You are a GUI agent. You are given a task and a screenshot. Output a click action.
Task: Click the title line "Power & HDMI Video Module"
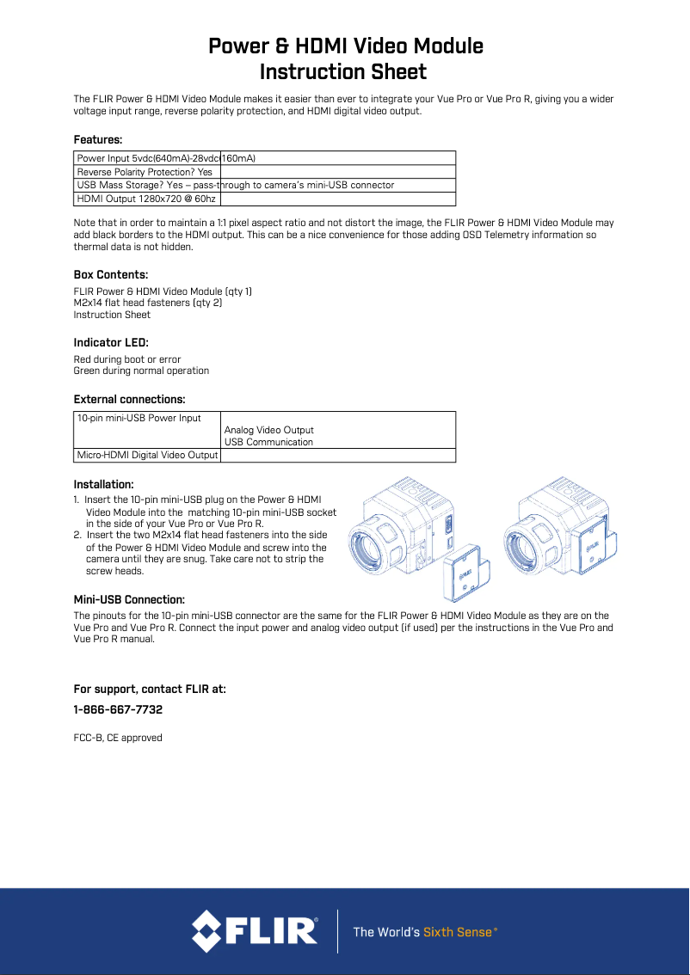tap(345, 46)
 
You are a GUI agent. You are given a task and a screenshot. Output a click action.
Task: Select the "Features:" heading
tap(98, 139)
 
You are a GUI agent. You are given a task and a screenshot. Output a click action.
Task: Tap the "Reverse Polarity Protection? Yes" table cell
tap(145, 172)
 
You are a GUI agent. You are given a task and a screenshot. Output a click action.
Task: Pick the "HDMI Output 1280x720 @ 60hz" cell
tap(145, 199)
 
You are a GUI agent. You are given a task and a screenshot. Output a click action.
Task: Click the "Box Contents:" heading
tap(111, 275)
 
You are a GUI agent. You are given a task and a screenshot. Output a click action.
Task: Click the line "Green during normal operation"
tap(141, 371)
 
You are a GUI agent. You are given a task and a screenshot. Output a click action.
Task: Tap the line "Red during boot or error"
tap(127, 359)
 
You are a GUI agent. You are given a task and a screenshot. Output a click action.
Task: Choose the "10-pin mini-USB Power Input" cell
tap(139, 419)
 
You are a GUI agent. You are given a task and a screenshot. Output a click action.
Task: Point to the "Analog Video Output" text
tap(269, 430)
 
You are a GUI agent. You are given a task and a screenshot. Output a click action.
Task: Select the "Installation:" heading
tap(103, 485)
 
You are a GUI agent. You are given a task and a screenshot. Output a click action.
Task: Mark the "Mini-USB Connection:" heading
tap(129, 599)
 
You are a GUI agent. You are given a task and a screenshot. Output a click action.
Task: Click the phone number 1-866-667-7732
tap(118, 710)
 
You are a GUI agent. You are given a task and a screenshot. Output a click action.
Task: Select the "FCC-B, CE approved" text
tap(118, 738)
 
